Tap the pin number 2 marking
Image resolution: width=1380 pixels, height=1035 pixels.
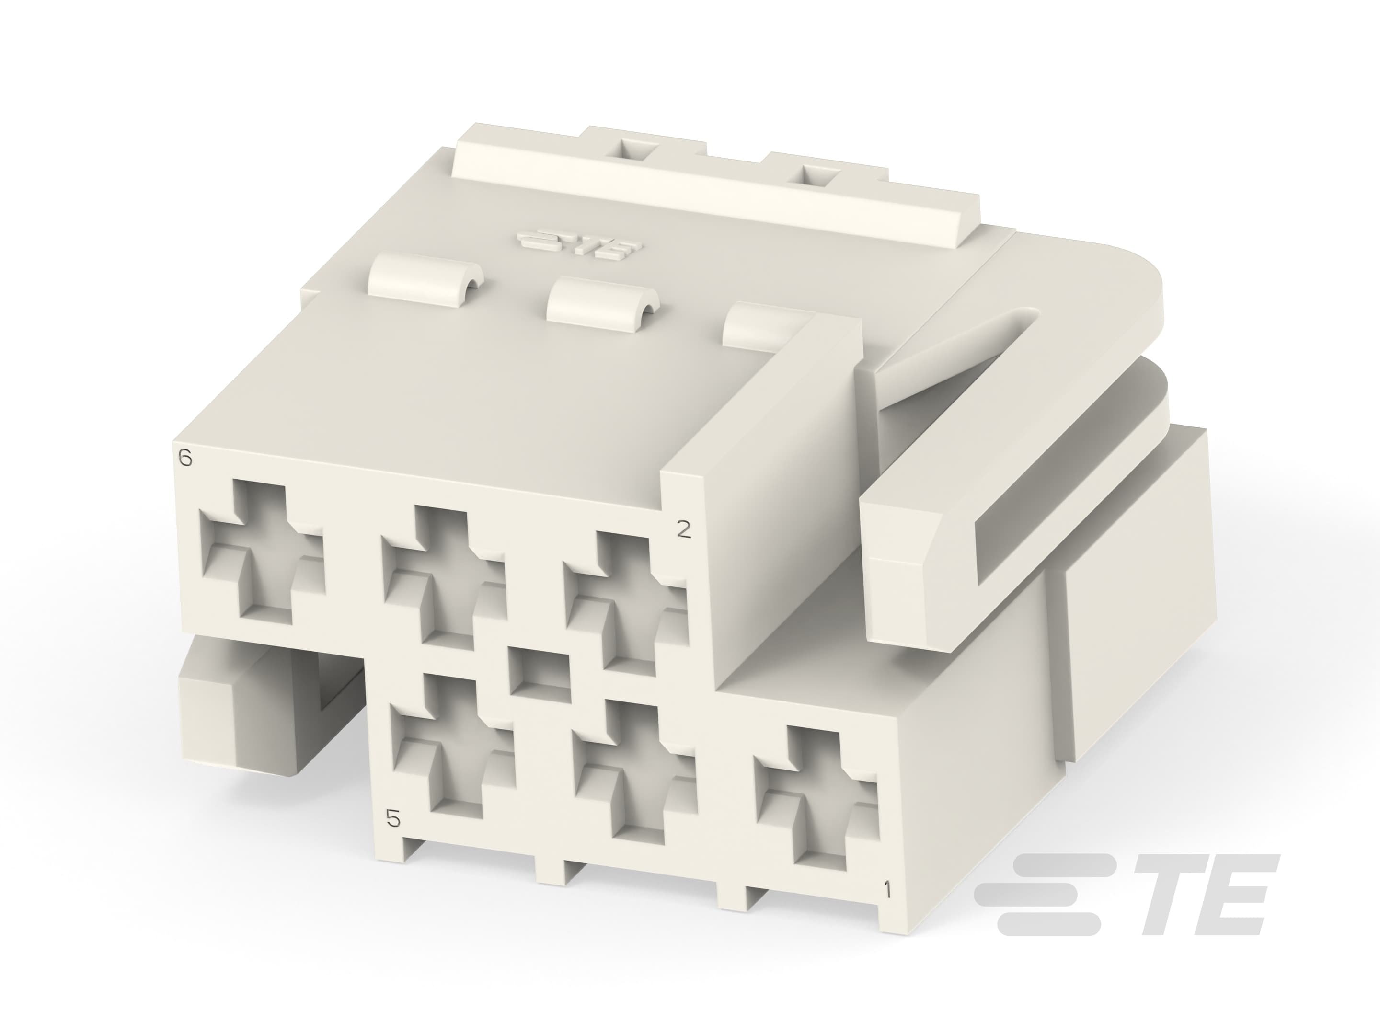[x=684, y=529]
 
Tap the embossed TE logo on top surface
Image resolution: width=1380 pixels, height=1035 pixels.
[x=574, y=244]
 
